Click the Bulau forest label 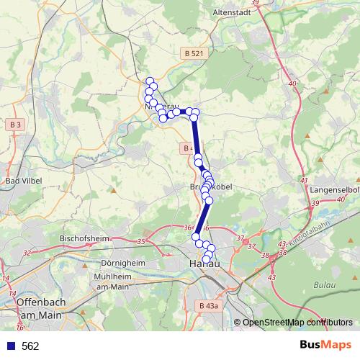[x=325, y=285]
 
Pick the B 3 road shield [x=16, y=125]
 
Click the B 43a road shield [x=207, y=306]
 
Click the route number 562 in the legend [x=30, y=346]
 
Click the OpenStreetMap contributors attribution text [x=297, y=323]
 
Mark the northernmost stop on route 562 [x=150, y=81]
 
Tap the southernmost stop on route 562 [x=207, y=259]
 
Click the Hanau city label [x=203, y=265]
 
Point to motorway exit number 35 [x=141, y=241]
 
